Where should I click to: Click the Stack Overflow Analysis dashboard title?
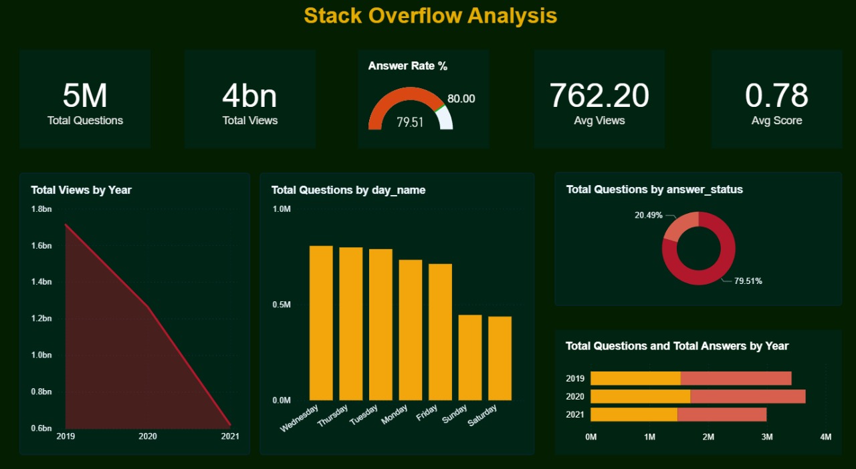click(x=430, y=15)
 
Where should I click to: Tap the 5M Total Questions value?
click(x=85, y=96)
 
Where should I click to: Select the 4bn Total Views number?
click(x=249, y=96)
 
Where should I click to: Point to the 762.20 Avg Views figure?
click(x=599, y=96)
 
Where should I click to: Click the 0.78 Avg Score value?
click(x=776, y=96)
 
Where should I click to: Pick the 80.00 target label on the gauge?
click(x=461, y=99)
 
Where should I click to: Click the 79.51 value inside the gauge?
click(x=410, y=122)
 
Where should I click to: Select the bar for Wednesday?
click(x=321, y=323)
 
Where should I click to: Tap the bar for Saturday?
click(x=500, y=358)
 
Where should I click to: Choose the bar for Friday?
click(x=440, y=332)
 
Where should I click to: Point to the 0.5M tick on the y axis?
click(x=282, y=305)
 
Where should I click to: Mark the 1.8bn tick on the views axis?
click(x=41, y=209)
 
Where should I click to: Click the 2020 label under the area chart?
click(x=147, y=436)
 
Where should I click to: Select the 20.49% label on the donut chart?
click(x=648, y=215)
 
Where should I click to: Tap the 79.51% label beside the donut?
click(x=748, y=281)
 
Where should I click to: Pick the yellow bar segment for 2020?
click(x=640, y=397)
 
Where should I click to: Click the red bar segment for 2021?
click(x=722, y=415)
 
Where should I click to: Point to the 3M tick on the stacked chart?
click(x=767, y=437)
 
